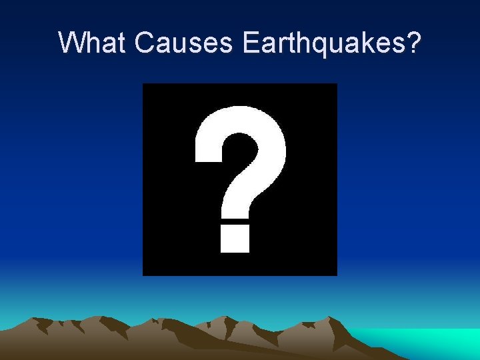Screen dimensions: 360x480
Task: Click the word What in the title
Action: point(93,42)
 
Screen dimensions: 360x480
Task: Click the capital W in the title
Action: point(72,42)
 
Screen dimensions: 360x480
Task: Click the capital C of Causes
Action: point(144,42)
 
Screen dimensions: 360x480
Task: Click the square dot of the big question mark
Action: point(235,239)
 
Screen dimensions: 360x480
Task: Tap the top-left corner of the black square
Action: point(144,85)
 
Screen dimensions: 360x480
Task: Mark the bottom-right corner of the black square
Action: point(336,274)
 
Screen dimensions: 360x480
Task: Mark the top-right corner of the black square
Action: point(336,85)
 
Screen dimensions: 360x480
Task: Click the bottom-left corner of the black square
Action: point(144,274)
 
